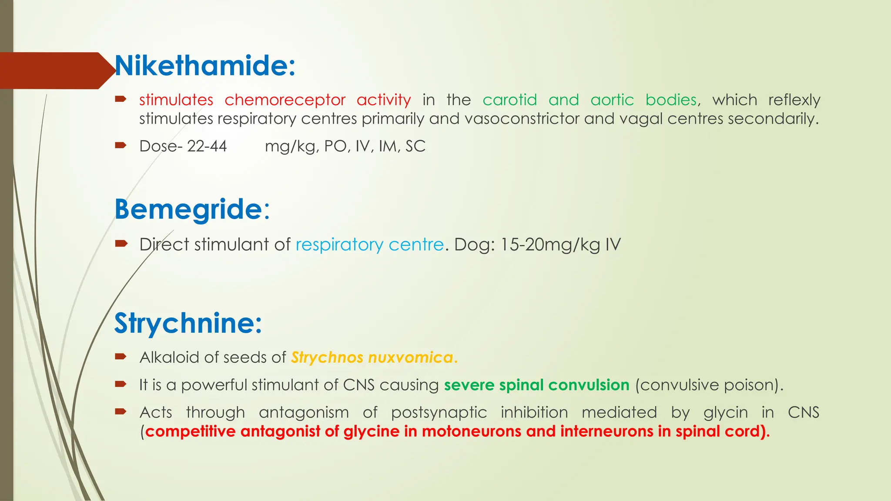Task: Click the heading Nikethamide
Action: click(204, 66)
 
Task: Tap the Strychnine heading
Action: click(188, 323)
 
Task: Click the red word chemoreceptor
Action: click(285, 100)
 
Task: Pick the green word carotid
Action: click(509, 100)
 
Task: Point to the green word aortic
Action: click(612, 100)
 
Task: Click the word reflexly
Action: click(794, 100)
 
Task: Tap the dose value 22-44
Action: click(207, 146)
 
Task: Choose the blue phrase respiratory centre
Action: click(369, 245)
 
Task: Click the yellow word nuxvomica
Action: click(411, 357)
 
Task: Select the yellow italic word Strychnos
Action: click(327, 357)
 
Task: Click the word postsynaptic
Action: click(439, 413)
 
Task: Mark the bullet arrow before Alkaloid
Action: click(121, 357)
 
